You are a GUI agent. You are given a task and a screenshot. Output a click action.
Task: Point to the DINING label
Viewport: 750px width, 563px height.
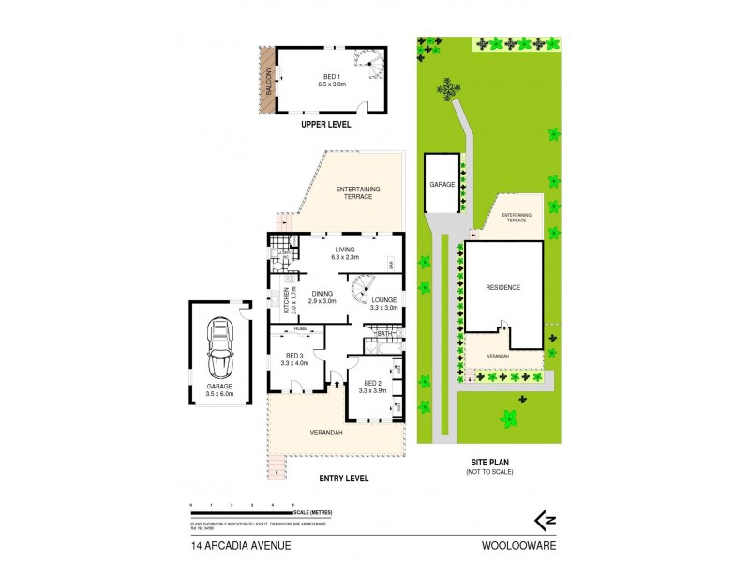[322, 297]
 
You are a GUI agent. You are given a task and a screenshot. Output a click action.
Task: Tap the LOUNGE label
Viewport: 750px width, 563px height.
[383, 302]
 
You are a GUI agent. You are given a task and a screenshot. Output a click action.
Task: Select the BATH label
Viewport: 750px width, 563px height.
[383, 333]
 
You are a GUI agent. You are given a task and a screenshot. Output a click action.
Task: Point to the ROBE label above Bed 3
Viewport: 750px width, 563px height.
[300, 328]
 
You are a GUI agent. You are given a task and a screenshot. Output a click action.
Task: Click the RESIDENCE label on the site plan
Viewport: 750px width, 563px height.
[502, 287]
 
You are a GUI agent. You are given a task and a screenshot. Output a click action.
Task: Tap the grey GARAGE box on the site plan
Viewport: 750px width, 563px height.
[442, 184]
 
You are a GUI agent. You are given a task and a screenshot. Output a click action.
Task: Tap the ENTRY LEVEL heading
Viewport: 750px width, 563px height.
[343, 478]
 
